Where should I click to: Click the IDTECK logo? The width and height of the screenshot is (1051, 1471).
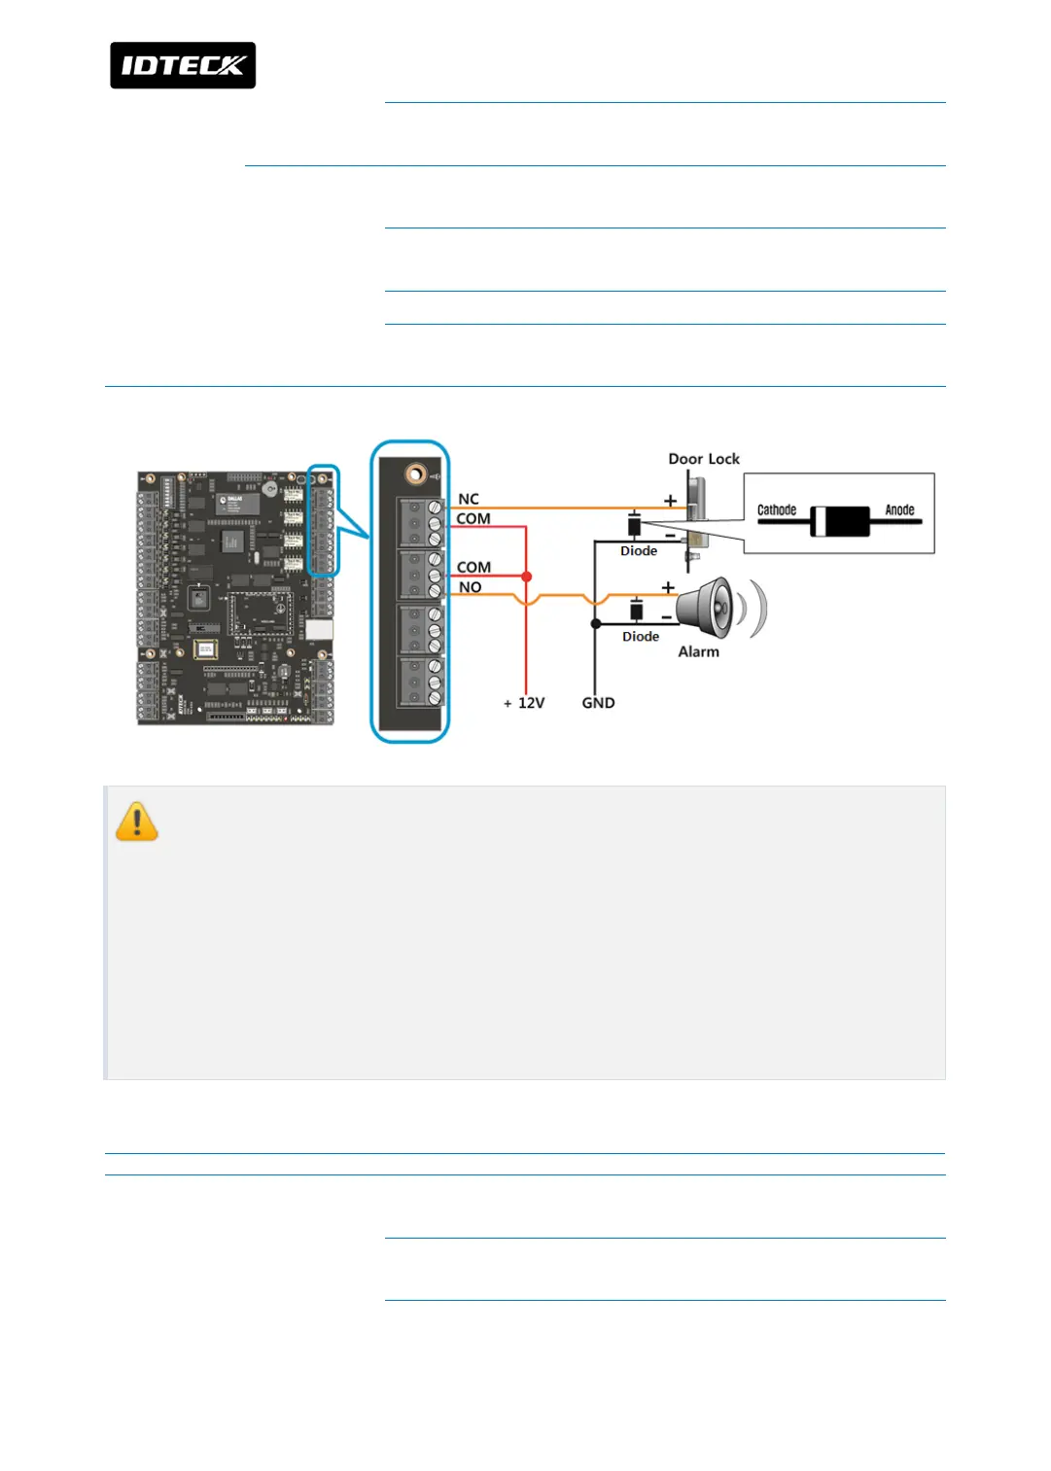tap(183, 65)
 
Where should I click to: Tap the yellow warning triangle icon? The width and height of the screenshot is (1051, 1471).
tap(137, 822)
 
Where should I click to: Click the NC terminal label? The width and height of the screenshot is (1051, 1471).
tap(469, 499)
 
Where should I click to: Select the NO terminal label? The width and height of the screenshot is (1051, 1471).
tap(471, 587)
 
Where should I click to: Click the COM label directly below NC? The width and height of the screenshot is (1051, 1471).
tap(473, 519)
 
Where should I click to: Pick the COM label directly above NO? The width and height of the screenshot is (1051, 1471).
tap(473, 567)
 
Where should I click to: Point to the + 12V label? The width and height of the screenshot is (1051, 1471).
tap(525, 703)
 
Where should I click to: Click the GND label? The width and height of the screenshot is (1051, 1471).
tap(598, 703)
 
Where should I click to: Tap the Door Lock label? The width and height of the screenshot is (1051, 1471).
tap(704, 459)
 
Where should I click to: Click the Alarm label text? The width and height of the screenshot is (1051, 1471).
tap(698, 652)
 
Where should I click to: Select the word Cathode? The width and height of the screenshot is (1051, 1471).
tap(777, 509)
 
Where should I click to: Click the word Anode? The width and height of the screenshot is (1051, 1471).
tap(899, 509)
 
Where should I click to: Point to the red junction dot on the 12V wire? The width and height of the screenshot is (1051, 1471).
tap(527, 577)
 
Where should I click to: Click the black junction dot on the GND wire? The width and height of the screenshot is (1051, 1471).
tap(596, 624)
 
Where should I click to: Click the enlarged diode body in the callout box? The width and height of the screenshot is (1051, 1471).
tap(840, 522)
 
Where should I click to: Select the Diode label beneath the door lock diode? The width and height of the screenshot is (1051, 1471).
tap(639, 551)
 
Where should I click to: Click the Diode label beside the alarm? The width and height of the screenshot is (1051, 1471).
tap(641, 637)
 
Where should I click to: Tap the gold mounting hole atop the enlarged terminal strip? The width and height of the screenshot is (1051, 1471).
tap(416, 473)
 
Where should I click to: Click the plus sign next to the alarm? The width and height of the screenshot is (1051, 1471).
tap(668, 587)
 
